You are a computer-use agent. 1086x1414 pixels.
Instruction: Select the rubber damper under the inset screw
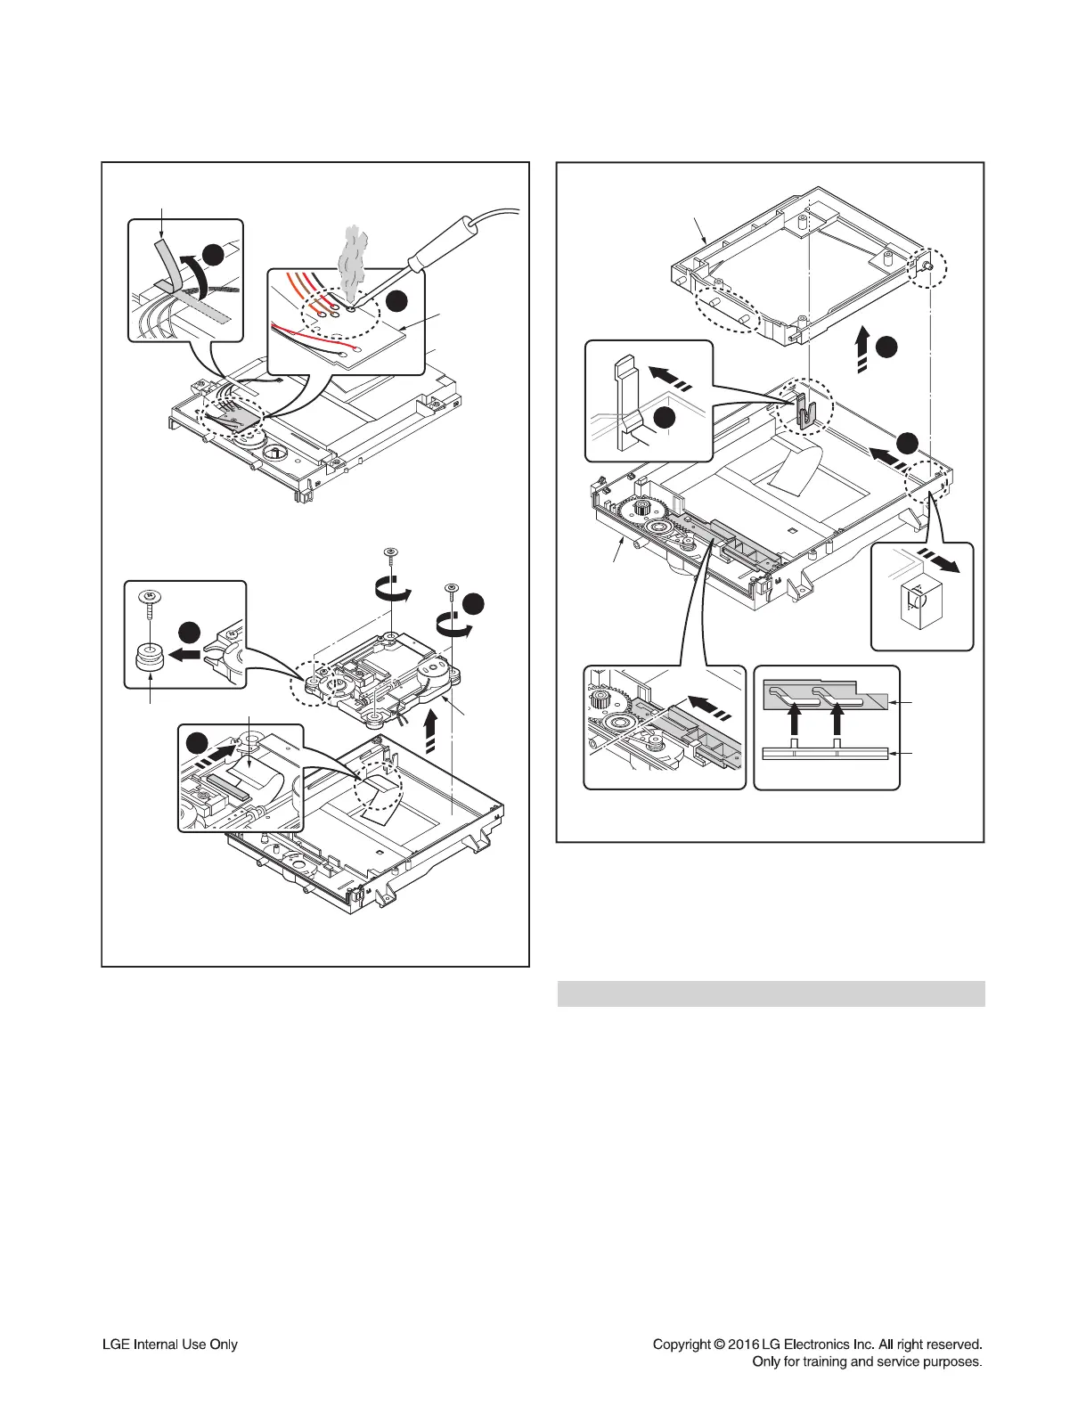coord(147,660)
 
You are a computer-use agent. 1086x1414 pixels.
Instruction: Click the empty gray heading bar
coord(771,993)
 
